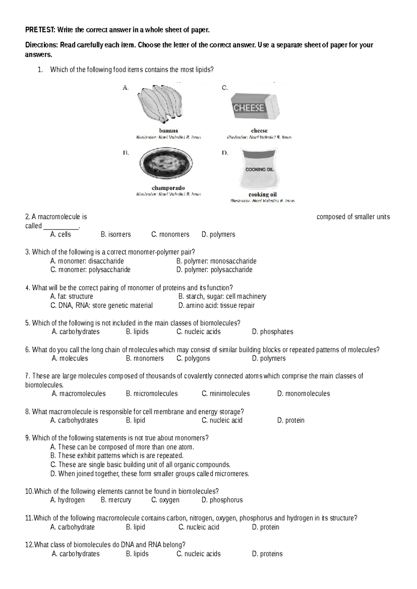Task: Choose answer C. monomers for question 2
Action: pyautogui.click(x=170, y=234)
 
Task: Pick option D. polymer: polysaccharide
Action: pyautogui.click(x=214, y=270)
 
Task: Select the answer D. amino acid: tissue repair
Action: pyautogui.click(x=216, y=306)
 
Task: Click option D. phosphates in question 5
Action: pyautogui.click(x=272, y=332)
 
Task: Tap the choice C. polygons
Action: pyautogui.click(x=193, y=358)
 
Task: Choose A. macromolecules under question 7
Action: pyautogui.click(x=79, y=394)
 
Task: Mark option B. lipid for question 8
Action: pyautogui.click(x=136, y=421)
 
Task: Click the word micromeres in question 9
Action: pyautogui.click(x=232, y=474)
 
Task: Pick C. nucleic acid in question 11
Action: pyautogui.click(x=199, y=527)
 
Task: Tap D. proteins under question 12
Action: pyautogui.click(x=267, y=554)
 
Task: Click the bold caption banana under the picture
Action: pyautogui.click(x=169, y=131)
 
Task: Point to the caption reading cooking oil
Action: pyautogui.click(x=263, y=194)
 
